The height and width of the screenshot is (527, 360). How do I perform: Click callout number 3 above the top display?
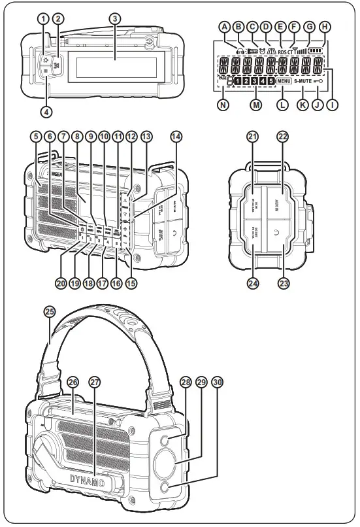pyautogui.click(x=114, y=18)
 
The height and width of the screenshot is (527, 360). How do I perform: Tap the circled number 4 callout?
pyautogui.click(x=46, y=111)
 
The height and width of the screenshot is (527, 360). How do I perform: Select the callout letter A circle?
pyautogui.click(x=224, y=27)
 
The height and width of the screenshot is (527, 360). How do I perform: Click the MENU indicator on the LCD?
pyautogui.click(x=284, y=81)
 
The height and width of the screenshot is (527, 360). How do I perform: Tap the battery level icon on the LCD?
pyautogui.click(x=316, y=49)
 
